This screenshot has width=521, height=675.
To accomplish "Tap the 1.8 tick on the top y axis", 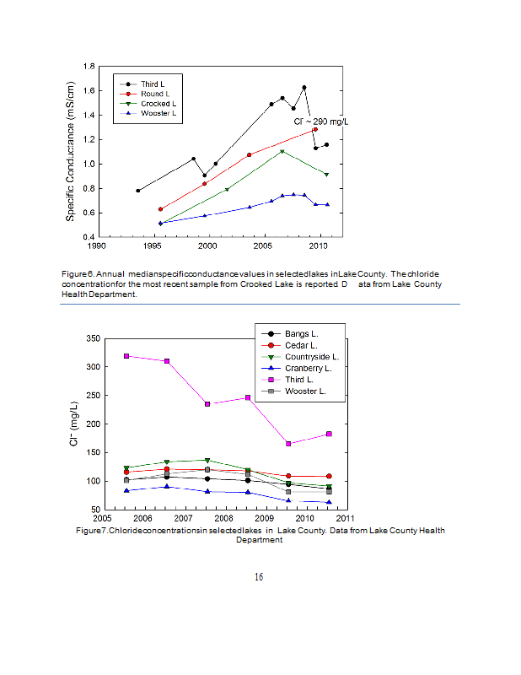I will tap(87, 66).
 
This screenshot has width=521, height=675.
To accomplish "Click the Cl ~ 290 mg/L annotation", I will tap(314, 122).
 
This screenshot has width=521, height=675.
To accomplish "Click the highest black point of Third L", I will tap(303, 88).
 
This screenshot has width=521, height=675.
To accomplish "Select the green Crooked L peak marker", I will tap(282, 152).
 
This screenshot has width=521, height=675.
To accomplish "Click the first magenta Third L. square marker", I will tap(126, 356).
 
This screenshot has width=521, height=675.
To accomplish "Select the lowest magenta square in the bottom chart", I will tap(288, 444).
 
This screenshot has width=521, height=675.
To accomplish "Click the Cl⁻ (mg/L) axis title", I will tap(73, 424).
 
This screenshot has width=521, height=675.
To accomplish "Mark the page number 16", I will tap(259, 577).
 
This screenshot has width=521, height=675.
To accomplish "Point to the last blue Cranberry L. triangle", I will tap(329, 502).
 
